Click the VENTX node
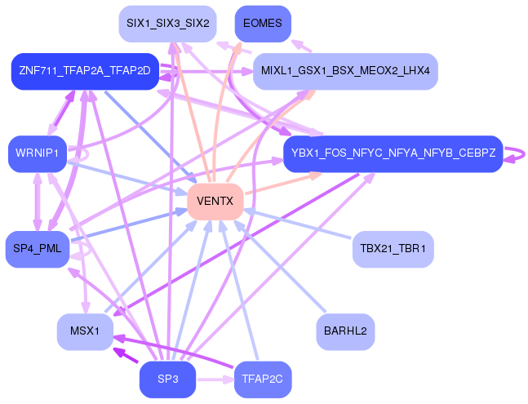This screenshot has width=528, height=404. point(215,201)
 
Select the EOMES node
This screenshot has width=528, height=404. point(262,24)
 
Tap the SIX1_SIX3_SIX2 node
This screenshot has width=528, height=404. point(166,24)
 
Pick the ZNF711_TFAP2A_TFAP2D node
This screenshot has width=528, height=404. point(84,71)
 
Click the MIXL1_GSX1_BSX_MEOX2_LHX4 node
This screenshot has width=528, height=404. point(345,71)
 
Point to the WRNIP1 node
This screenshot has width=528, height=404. point(37,153)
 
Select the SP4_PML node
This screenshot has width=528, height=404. point(37,248)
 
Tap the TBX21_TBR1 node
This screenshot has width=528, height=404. point(393,248)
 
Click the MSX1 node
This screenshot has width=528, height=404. point(85,331)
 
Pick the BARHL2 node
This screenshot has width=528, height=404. point(345,331)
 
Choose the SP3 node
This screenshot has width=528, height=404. point(167,380)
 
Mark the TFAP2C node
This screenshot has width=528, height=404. point(262,380)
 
